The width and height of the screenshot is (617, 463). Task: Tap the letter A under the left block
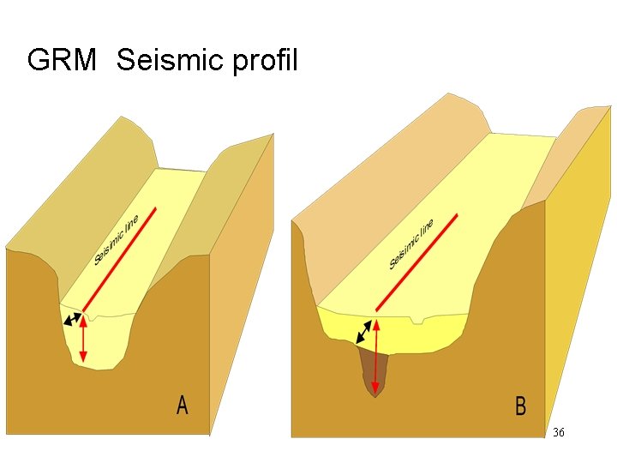coord(182,405)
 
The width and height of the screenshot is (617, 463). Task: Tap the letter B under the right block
coord(520,406)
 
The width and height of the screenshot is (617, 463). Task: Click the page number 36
coord(559,433)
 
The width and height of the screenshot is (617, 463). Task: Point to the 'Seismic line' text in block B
coord(411,244)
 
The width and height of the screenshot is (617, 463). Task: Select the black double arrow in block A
coord(73,320)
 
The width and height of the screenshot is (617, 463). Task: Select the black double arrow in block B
coord(365,332)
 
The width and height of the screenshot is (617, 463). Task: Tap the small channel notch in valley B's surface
coord(416,321)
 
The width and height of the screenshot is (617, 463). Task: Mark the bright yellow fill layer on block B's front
coord(428,334)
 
